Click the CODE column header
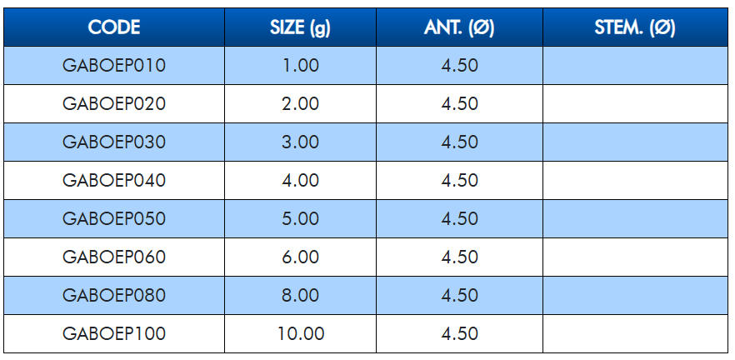[x=114, y=27]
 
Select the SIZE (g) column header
[x=300, y=28]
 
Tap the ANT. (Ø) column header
[x=459, y=28]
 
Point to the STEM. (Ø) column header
[x=635, y=28]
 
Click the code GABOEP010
[x=114, y=65]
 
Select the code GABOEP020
[x=114, y=103]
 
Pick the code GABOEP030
[x=114, y=142]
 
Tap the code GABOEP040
[x=114, y=181]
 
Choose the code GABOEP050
[x=114, y=219]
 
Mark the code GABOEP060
[x=114, y=257]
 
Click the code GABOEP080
[x=114, y=296]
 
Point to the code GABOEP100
[x=114, y=334]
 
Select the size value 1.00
[x=301, y=65]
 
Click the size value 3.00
[x=301, y=142]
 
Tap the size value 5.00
[x=301, y=219]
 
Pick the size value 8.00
[x=301, y=296]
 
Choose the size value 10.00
[x=301, y=334]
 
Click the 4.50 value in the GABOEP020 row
[x=459, y=103]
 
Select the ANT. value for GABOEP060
[x=459, y=257]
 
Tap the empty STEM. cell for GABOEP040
[x=635, y=181]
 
